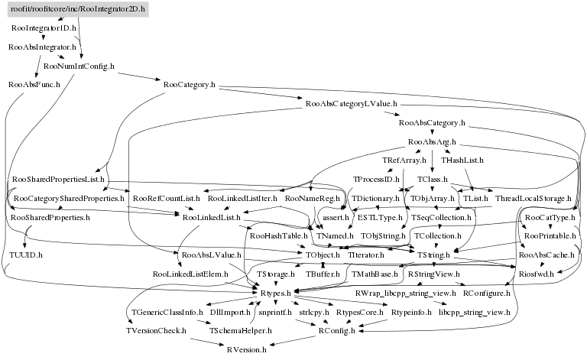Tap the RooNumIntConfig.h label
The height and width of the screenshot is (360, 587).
[79, 66]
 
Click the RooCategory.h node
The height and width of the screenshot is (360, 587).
[184, 84]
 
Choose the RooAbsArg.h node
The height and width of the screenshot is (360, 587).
[432, 141]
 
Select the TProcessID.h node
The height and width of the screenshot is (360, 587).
[377, 180]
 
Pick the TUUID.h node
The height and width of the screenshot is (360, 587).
[26, 254]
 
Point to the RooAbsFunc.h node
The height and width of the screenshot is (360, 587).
[34, 84]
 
